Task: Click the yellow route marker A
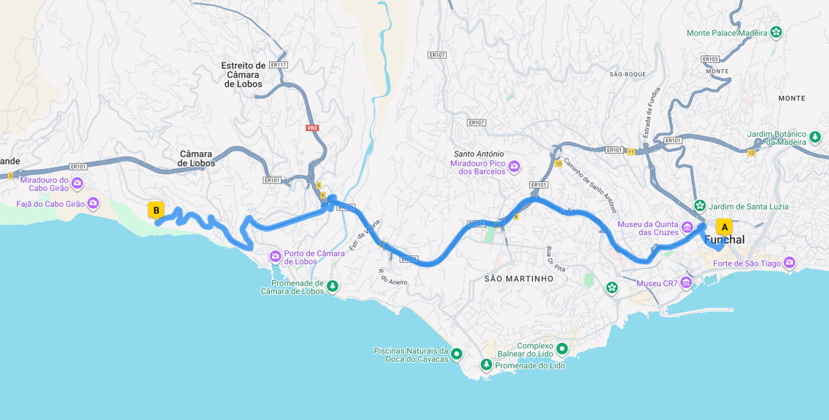click(724, 227)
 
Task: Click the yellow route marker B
click(156, 210)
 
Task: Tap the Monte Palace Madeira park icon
click(776, 32)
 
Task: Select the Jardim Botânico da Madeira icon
click(815, 137)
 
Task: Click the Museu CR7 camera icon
click(686, 283)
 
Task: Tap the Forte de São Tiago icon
click(789, 263)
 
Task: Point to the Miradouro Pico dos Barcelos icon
click(514, 167)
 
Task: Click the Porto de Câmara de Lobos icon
click(275, 256)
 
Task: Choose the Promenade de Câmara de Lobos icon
click(332, 286)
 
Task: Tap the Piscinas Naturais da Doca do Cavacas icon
click(456, 354)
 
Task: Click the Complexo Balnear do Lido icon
click(561, 349)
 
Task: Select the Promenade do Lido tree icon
click(486, 365)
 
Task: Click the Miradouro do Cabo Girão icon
click(77, 183)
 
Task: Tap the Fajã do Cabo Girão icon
click(93, 203)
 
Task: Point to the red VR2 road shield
click(312, 128)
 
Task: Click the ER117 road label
click(278, 65)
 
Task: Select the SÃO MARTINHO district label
click(518, 279)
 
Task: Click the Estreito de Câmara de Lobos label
click(244, 74)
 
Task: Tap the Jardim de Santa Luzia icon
click(700, 206)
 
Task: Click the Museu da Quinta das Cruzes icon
click(687, 228)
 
